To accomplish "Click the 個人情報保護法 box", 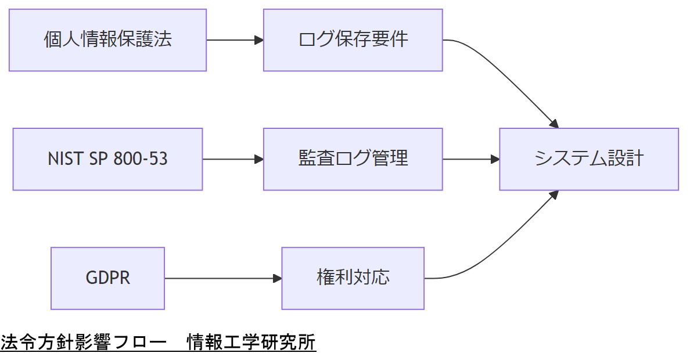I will pos(107,40).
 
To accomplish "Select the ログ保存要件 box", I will pos(353,40).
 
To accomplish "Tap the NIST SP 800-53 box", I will pos(107,159).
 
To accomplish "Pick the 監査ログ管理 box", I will pos(353,159).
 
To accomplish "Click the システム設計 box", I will pos(589,159).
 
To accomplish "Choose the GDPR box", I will pos(107,278).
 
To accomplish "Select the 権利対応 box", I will pos(353,278).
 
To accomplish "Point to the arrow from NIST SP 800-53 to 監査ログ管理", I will pos(232,159).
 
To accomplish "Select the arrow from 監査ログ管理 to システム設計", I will pos(470,159).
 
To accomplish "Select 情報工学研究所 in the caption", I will pos(251,343).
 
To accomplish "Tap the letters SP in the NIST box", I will pos(96,159).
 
